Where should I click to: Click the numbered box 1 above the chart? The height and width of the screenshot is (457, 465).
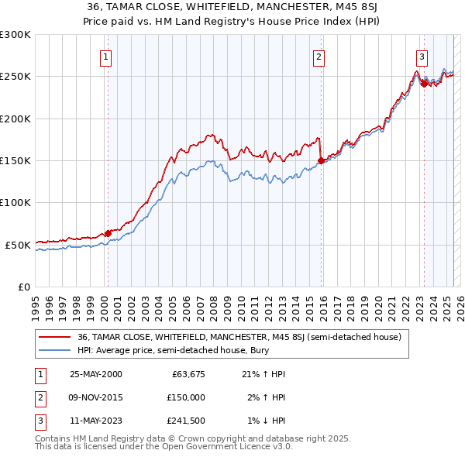pyautogui.click(x=105, y=56)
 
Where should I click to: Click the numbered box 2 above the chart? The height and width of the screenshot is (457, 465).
pyautogui.click(x=319, y=56)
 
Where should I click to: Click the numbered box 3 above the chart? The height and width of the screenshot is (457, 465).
pyautogui.click(x=422, y=56)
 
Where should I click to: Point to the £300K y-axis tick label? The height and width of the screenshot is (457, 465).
pyautogui.click(x=15, y=35)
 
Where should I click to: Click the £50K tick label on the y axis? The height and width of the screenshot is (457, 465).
pyautogui.click(x=18, y=245)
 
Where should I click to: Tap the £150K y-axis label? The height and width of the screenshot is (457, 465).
pyautogui.click(x=15, y=161)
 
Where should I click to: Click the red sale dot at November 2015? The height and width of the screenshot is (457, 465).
pyautogui.click(x=321, y=160)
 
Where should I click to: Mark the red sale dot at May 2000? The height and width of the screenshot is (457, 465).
pyautogui.click(x=108, y=233)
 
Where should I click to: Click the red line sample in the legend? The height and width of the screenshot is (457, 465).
pyautogui.click(x=53, y=338)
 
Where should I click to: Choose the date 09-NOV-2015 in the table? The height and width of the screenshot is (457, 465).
pyautogui.click(x=96, y=397)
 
